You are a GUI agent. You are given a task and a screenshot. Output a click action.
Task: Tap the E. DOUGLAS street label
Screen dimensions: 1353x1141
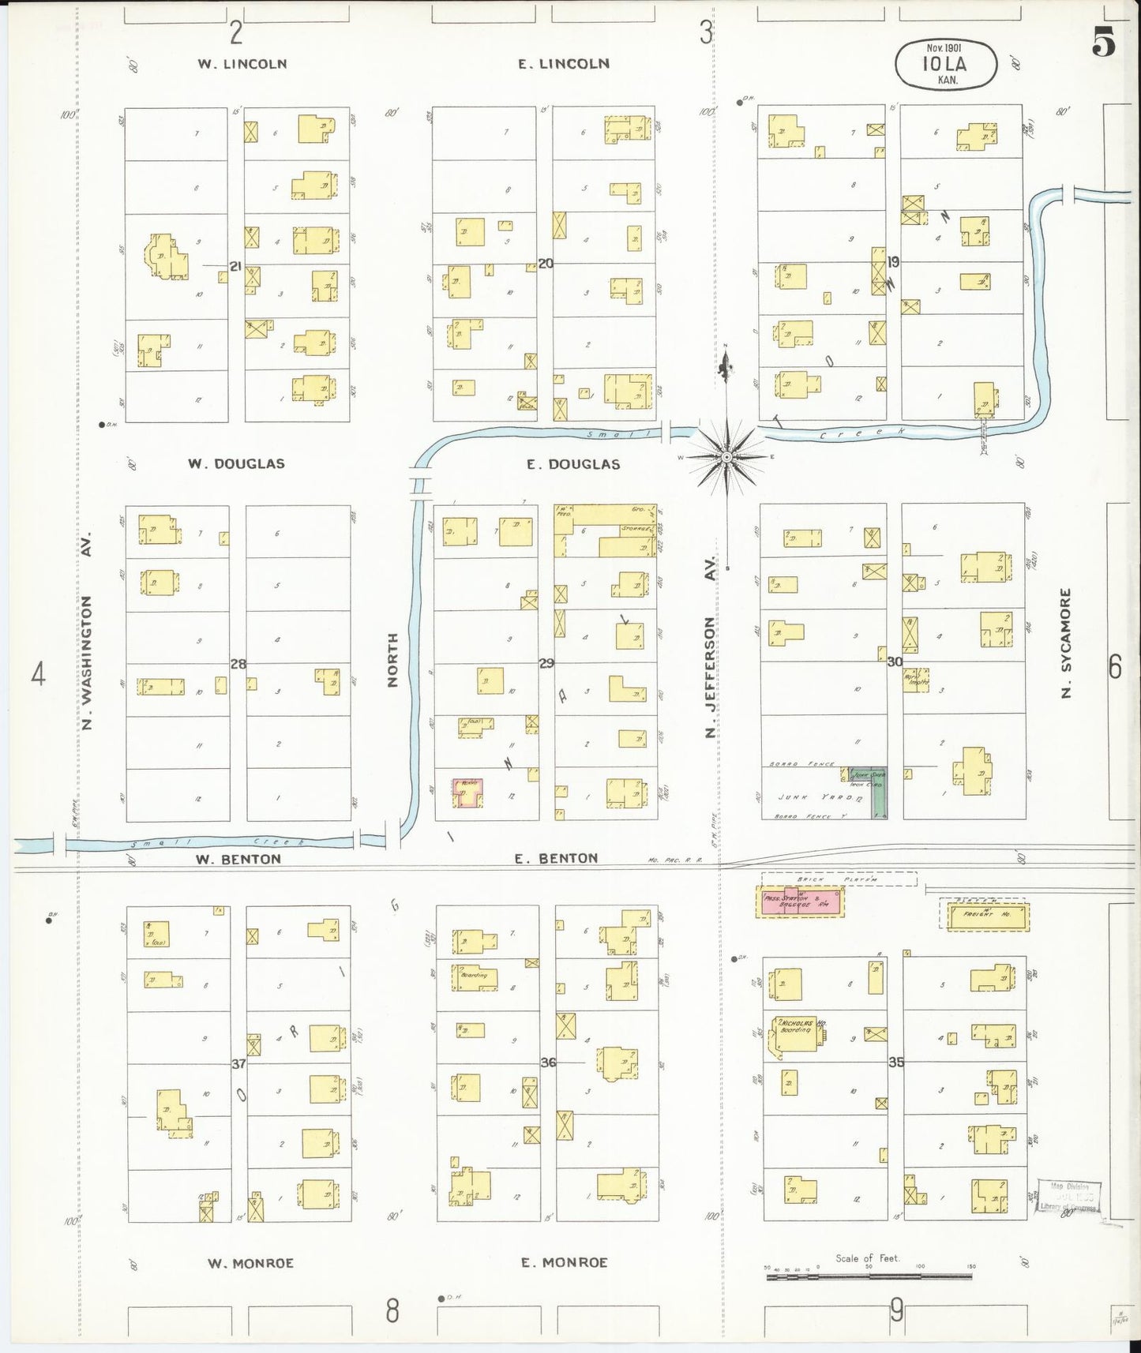click(573, 464)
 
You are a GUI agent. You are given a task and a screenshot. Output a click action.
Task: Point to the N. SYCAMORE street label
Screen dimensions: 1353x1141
click(1067, 643)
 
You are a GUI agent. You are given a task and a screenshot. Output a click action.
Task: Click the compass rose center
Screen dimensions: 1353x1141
click(726, 456)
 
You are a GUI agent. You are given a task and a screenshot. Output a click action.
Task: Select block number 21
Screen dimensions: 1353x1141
click(235, 267)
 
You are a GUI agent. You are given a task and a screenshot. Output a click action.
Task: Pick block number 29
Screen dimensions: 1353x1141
click(546, 664)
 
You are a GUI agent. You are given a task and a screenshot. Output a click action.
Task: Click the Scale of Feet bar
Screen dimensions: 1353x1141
click(869, 1267)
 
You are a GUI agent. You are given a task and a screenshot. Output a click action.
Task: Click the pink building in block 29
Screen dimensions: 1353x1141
click(467, 792)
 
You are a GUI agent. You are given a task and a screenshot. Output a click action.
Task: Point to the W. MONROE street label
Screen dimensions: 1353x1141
click(250, 1263)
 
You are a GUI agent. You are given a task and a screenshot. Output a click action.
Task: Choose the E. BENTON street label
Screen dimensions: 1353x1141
click(556, 858)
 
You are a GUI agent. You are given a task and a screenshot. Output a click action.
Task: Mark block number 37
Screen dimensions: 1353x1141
click(238, 1063)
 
